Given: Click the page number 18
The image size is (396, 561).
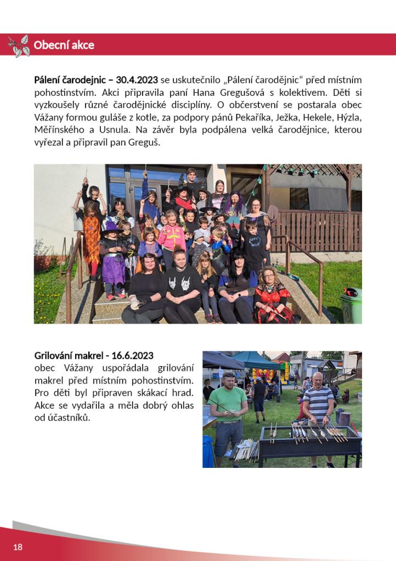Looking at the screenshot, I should click(x=18, y=547).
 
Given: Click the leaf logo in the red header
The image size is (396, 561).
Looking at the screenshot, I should click(x=19, y=45).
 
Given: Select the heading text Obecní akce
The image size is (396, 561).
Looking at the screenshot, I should click(x=64, y=45).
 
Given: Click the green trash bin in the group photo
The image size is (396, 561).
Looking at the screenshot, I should click(x=351, y=305).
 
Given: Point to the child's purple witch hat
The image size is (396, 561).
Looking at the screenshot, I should click(x=111, y=227).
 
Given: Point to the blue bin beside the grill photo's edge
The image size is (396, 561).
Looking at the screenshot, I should click(x=207, y=450).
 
